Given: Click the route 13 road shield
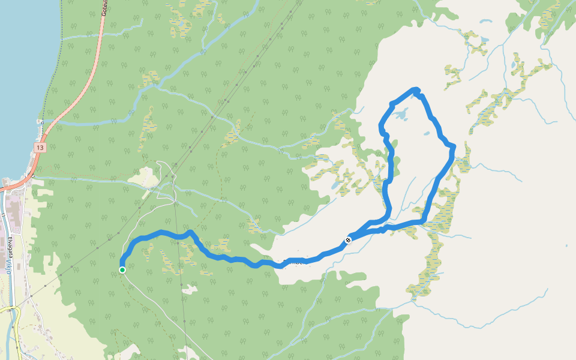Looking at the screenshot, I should click(x=40, y=147).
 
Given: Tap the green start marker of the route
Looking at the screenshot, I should click(x=122, y=270).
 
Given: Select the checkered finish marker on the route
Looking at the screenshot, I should click(x=348, y=241).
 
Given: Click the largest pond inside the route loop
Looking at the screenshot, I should click(x=401, y=114).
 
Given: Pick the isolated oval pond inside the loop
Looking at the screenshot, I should click(x=426, y=134).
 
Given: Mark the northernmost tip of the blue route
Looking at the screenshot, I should click(x=415, y=89).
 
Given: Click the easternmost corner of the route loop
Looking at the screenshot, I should click(x=453, y=148).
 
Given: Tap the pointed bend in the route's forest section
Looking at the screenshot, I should click(x=190, y=232).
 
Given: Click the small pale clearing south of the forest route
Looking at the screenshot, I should click(x=190, y=289).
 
